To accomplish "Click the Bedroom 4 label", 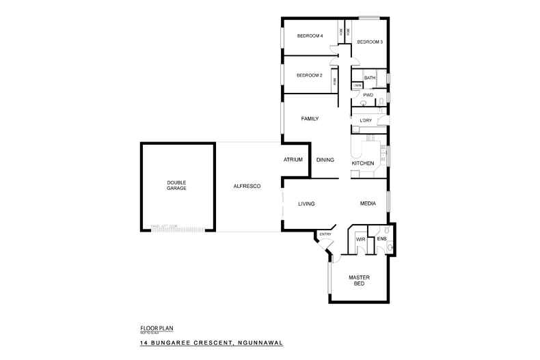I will coord(310,36).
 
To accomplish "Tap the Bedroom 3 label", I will coord(369,42).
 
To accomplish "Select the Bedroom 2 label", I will coord(310,75).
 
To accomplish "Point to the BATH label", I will coord(370,79).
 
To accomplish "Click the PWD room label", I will coord(368,95).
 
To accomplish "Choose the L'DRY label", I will coord(365,121).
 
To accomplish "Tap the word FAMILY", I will coord(310,119).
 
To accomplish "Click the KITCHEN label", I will coord(362,164).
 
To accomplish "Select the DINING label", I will coord(325,160).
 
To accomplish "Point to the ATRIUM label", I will coord(293,160).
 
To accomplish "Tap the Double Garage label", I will coord(176,184).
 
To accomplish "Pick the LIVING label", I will coord(306,204).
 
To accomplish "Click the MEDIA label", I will coord(369,204).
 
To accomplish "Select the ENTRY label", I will coord(325,234).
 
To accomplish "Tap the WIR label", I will coord(360,240).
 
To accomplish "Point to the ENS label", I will coord(381,239).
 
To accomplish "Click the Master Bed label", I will coord(359,280).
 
